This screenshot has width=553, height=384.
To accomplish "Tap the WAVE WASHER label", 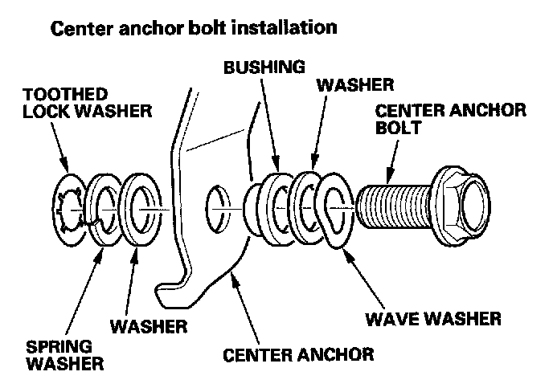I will pos(434,320).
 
